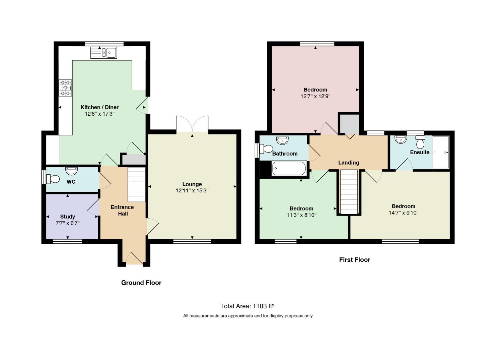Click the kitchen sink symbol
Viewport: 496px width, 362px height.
click(103, 53)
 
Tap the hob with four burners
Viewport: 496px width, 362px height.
click(65, 88)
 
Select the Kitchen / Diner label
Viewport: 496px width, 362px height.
click(99, 107)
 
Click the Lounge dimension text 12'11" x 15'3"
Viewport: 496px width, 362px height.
click(192, 191)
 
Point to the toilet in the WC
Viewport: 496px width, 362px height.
click(53, 179)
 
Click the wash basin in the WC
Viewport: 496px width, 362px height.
click(71, 171)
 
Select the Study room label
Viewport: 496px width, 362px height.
click(68, 217)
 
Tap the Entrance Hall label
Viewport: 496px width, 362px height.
click(122, 210)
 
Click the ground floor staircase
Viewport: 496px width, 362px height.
click(136, 184)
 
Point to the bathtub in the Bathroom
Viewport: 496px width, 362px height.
click(289, 168)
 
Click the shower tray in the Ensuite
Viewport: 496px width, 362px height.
click(441, 152)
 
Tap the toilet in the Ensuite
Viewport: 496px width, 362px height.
click(420, 142)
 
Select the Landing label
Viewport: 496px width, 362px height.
click(349, 163)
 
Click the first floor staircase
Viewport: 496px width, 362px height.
click(349, 192)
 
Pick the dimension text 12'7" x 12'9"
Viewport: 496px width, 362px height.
click(315, 97)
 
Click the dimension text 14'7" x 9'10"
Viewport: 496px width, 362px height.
click(404, 213)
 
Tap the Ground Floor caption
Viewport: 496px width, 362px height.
click(141, 283)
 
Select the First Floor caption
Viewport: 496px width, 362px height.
click(355, 260)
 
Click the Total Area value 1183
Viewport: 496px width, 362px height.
click(260, 306)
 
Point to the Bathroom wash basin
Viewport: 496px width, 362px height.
click(282, 140)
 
